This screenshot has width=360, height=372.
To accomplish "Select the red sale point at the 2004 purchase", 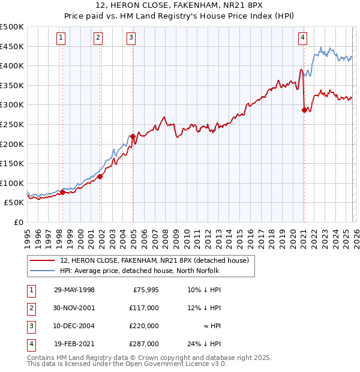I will (x=133, y=136).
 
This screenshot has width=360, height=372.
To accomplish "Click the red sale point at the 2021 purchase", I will (x=304, y=110).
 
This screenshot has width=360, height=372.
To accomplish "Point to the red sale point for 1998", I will (x=62, y=193).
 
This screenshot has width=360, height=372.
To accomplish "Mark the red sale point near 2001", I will (x=100, y=176).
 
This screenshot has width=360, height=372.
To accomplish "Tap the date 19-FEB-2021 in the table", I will (x=74, y=344).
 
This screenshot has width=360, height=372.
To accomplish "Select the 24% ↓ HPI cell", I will (x=203, y=344).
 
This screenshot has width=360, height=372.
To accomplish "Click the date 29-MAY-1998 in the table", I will (x=74, y=290).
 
